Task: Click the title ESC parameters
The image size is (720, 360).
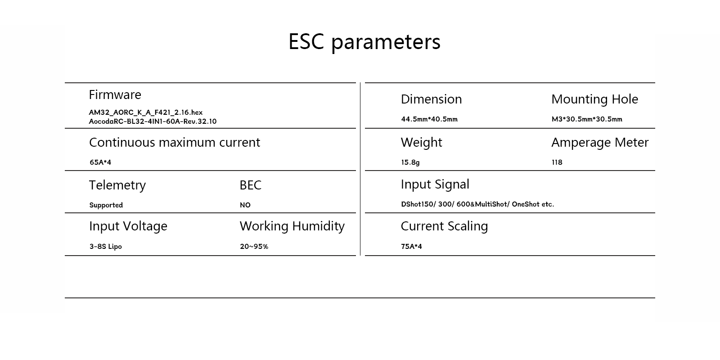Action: pyautogui.click(x=364, y=42)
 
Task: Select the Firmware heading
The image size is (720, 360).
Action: pyautogui.click(x=115, y=95)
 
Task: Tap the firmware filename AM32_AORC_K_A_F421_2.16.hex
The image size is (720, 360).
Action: pyautogui.click(x=146, y=112)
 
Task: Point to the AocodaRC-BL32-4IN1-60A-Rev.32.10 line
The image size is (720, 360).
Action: pyautogui.click(x=153, y=121)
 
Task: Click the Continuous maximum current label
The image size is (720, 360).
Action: pyautogui.click(x=175, y=142)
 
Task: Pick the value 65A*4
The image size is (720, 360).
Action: pyautogui.click(x=100, y=162)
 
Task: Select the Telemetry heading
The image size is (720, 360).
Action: pyautogui.click(x=117, y=185)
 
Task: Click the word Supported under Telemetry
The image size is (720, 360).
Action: pyautogui.click(x=106, y=205)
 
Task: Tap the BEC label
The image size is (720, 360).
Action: pyautogui.click(x=250, y=185)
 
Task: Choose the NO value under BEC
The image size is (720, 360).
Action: pyautogui.click(x=245, y=205)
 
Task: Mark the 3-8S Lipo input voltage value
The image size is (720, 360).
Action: pyautogui.click(x=105, y=247)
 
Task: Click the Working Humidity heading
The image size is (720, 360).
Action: pyautogui.click(x=292, y=226)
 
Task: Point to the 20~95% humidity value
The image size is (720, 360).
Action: pyautogui.click(x=254, y=247)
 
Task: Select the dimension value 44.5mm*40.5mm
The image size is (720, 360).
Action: pyautogui.click(x=429, y=119)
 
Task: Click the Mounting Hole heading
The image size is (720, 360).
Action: pyautogui.click(x=594, y=99)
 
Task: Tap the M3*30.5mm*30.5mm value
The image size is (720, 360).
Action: pyautogui.click(x=587, y=119)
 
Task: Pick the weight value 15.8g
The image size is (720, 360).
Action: pyautogui.click(x=410, y=162)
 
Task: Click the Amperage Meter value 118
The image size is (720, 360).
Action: pyautogui.click(x=557, y=162)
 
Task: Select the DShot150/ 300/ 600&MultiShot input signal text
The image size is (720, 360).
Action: pyautogui.click(x=455, y=204)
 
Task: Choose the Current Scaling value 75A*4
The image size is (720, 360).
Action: pyautogui.click(x=411, y=247)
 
